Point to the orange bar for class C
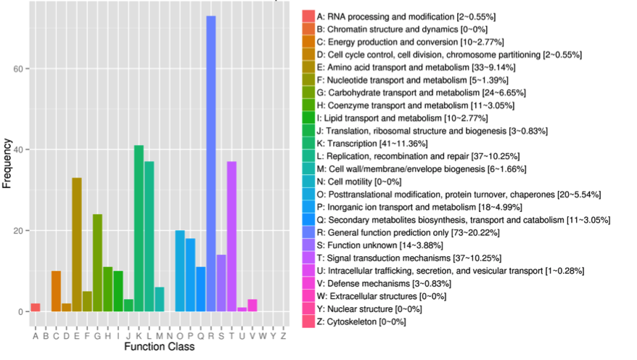click(56, 291)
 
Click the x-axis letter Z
click(283, 335)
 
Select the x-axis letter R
click(211, 335)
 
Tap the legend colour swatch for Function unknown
click(308, 245)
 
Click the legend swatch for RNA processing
click(308, 16)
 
